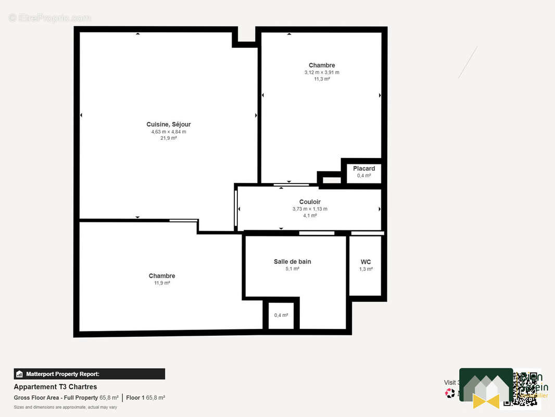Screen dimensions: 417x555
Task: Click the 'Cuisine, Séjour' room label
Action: [x=169, y=124]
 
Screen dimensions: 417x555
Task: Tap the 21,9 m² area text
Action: [x=169, y=138]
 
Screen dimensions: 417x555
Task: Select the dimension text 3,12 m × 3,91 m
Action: [x=322, y=72]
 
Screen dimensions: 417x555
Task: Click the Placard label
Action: [x=364, y=168]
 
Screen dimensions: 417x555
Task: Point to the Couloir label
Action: [x=310, y=202]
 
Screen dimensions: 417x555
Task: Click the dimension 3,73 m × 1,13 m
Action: [x=310, y=209]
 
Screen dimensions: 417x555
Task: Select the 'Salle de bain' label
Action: [x=292, y=262]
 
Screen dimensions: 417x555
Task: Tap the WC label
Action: [x=366, y=262]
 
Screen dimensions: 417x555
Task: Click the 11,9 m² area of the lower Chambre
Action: [x=162, y=283]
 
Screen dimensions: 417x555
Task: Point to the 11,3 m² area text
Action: [x=322, y=79]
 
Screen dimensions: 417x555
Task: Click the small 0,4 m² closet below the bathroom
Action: [x=281, y=315]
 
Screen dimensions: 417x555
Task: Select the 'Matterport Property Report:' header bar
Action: [x=90, y=374]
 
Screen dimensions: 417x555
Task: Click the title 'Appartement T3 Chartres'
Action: [x=55, y=387]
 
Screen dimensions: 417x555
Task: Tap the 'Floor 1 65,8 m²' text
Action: [x=146, y=398]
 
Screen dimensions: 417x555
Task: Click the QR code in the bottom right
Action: [x=527, y=390]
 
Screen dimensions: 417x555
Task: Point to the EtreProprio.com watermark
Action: [x=49, y=18]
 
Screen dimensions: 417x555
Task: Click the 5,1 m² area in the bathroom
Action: [x=292, y=269]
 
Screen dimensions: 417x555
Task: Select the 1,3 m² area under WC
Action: [x=366, y=269]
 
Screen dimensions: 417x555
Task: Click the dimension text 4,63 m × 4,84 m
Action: [x=169, y=131]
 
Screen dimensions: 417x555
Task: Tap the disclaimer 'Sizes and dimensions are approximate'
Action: [x=65, y=407]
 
